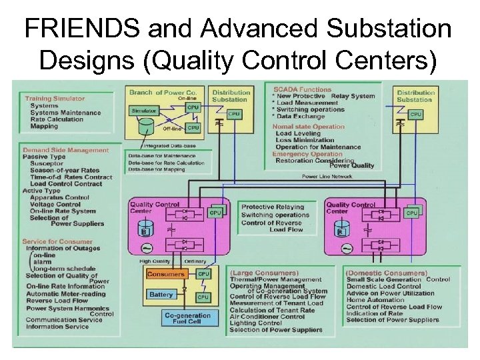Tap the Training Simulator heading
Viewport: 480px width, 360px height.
55,99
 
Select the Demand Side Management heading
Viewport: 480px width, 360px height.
65,150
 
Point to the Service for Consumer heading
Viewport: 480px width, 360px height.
57,241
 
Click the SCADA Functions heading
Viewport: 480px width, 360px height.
302,89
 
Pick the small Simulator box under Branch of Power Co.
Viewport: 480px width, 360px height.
143,111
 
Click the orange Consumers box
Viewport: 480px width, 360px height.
166,274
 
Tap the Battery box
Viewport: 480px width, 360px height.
162,295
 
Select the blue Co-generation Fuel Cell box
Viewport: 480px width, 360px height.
187,319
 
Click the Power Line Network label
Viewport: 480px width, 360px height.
327,177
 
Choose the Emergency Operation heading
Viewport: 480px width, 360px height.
307,154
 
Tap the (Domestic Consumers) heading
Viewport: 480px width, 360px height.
387,273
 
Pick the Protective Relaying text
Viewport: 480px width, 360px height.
272,207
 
